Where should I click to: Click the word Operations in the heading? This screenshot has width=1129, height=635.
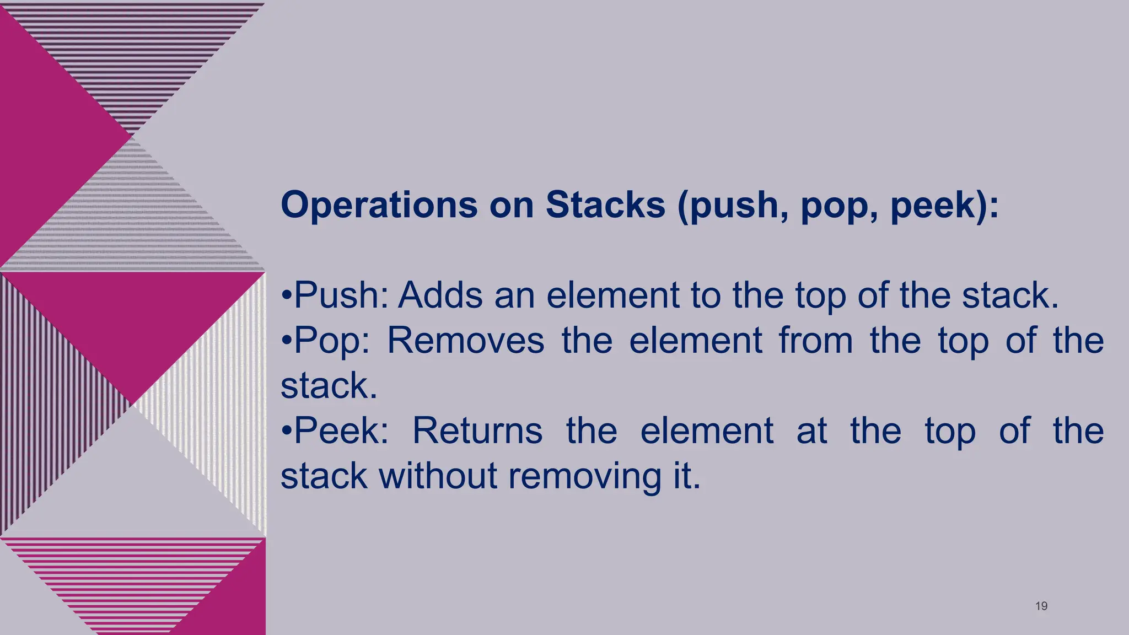pyautogui.click(x=379, y=205)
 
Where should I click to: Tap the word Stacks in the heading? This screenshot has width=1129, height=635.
pyautogui.click(x=605, y=205)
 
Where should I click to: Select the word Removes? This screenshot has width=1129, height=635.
pyautogui.click(x=465, y=341)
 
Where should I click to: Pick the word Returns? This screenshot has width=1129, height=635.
pyautogui.click(x=477, y=430)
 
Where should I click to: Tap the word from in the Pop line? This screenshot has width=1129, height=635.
pyautogui.click(x=815, y=341)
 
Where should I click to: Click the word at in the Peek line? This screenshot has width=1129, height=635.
pyautogui.click(x=811, y=431)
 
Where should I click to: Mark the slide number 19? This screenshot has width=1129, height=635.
pyautogui.click(x=1041, y=606)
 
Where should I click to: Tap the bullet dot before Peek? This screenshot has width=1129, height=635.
pyautogui.click(x=286, y=431)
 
